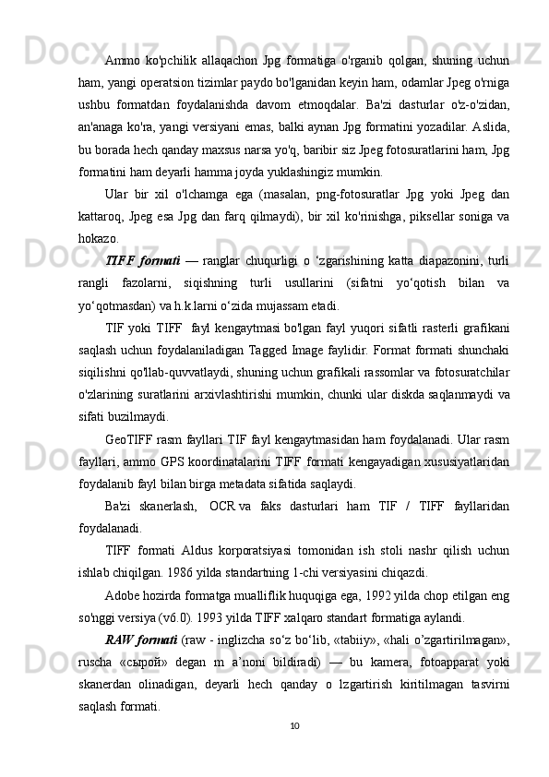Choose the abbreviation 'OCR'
pyautogui.click(x=223, y=507)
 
